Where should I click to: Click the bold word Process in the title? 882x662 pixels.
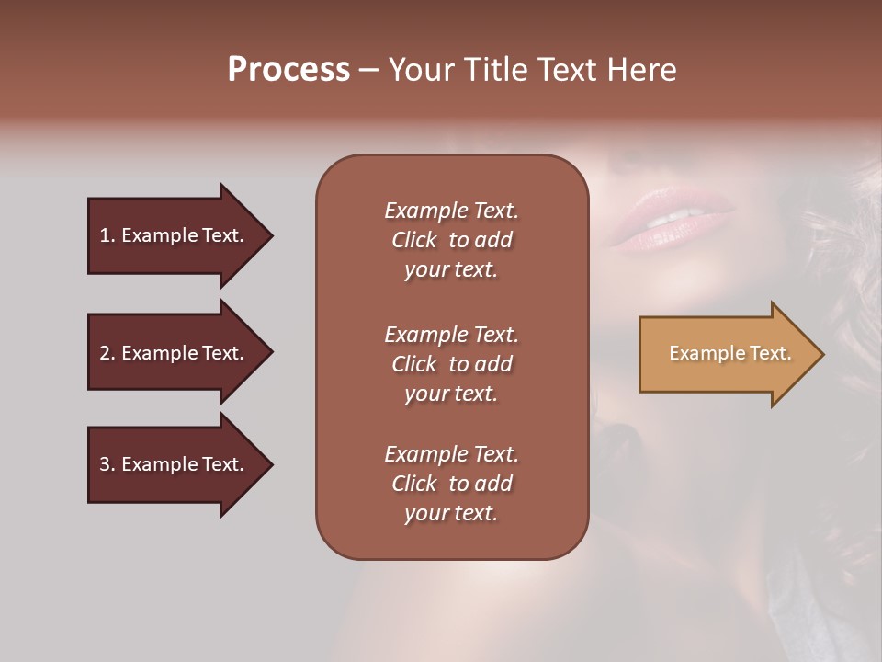click(288, 70)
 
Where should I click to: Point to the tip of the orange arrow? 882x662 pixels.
click(821, 354)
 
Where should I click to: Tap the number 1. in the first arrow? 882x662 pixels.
click(107, 235)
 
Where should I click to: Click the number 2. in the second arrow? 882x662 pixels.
click(107, 353)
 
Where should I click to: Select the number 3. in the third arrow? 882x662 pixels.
click(107, 464)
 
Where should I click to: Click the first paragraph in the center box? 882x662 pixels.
click(451, 240)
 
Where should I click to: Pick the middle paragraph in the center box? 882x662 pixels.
click(451, 363)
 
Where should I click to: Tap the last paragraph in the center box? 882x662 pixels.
click(451, 484)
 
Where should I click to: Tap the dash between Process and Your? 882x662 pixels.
click(368, 71)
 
